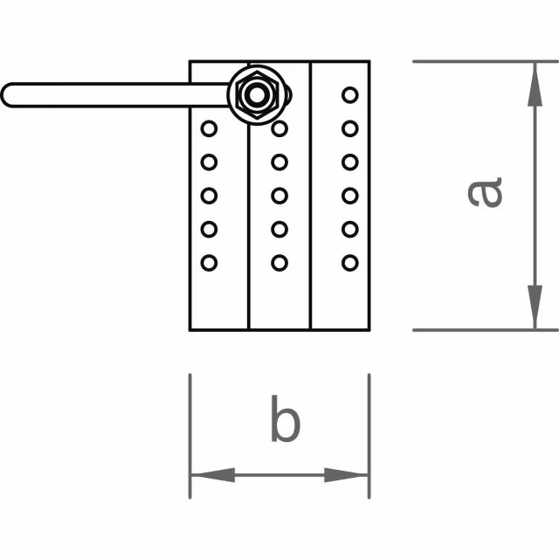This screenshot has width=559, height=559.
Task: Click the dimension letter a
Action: (x=485, y=191)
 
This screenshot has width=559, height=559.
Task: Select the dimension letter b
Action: (x=284, y=420)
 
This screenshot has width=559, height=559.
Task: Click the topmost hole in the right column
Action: (x=350, y=94)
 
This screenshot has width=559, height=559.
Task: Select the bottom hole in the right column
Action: (x=350, y=261)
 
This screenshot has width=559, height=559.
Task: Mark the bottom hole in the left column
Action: (x=209, y=261)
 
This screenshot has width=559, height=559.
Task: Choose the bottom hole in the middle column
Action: (x=279, y=261)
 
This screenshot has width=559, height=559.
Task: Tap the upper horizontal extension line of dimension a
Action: (x=472, y=61)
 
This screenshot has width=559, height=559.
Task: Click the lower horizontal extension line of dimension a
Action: (x=472, y=330)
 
